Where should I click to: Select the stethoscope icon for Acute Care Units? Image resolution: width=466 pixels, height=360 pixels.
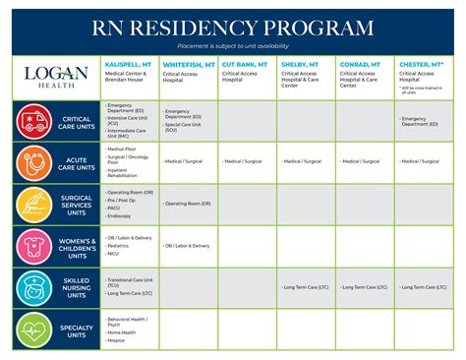pyautogui.click(x=32, y=161)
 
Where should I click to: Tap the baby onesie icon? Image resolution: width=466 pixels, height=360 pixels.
pyautogui.click(x=32, y=245)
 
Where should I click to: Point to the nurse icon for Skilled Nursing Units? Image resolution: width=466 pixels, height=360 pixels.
pyautogui.click(x=32, y=287)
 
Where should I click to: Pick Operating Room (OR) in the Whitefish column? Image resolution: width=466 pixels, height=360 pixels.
pyautogui.click(x=190, y=204)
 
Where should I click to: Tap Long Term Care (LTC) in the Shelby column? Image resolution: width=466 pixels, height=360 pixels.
pyautogui.click(x=307, y=287)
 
